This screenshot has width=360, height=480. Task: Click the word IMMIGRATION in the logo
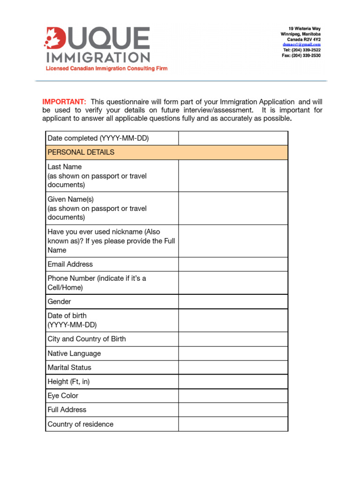97,57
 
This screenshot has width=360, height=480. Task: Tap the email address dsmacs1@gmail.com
304,45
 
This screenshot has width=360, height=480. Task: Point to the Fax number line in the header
301,55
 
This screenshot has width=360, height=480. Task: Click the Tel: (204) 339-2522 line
302,50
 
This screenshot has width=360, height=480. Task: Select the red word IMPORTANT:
64,102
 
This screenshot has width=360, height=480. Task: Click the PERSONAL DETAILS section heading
81,152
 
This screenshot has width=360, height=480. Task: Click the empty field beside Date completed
233,138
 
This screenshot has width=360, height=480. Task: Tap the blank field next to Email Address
233,264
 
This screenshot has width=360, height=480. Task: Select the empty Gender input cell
233,302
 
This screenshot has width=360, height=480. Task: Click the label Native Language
74,353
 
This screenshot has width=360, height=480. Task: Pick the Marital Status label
69,367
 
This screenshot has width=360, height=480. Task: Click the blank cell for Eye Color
233,396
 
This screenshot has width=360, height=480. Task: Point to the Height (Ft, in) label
68,382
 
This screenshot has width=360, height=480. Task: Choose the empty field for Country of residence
233,424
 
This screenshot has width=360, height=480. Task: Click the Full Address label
67,410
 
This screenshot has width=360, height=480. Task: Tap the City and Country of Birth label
87,339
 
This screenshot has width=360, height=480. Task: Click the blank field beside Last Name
233,176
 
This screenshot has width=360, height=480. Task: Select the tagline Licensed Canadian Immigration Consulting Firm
106,68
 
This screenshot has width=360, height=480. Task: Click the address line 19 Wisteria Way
304,29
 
